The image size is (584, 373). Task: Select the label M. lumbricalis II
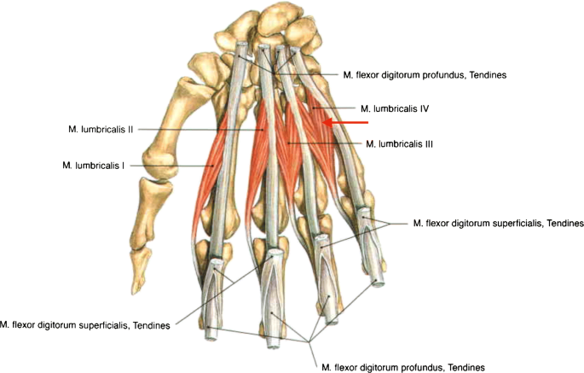(101, 130)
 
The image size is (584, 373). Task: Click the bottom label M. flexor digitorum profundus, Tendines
(402, 366)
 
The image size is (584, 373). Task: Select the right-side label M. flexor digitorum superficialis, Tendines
(498, 223)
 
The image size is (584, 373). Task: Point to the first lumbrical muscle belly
(210, 184)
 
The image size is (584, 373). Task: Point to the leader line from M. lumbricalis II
(196, 130)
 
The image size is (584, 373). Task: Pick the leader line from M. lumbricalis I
(171, 165)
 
